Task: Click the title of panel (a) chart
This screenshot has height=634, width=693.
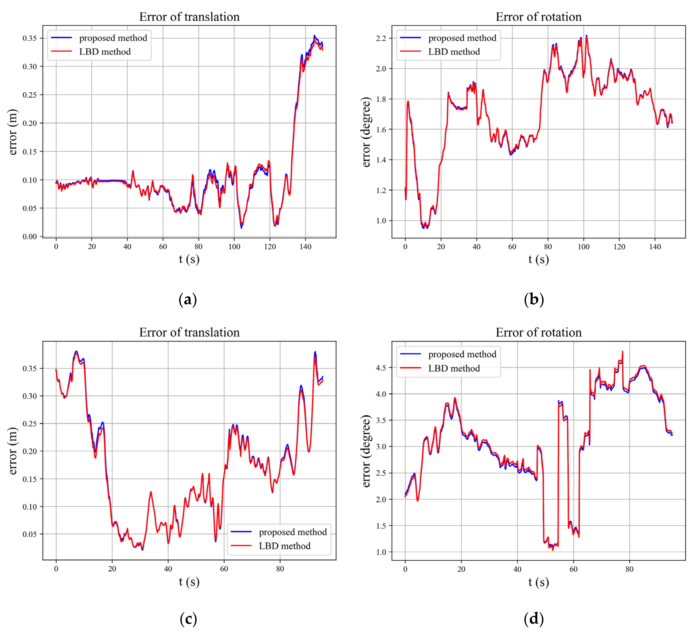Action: (189, 17)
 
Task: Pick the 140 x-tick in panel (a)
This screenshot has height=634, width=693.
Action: (305, 246)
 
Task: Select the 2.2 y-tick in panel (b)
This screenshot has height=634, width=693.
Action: (381, 38)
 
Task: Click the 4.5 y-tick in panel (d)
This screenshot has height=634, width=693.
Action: (381, 368)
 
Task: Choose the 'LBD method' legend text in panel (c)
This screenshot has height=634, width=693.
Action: (285, 546)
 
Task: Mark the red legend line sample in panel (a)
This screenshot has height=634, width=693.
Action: (61, 51)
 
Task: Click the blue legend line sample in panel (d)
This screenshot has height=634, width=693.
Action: (410, 354)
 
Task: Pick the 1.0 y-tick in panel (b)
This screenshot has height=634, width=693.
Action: (381, 221)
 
